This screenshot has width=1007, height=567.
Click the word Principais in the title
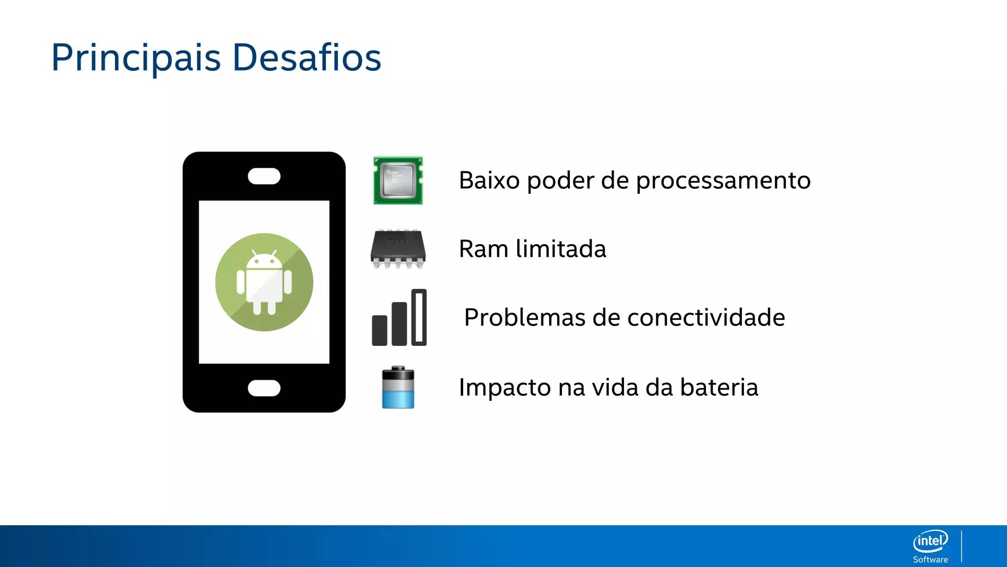point(136,58)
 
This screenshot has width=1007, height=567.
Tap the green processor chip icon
point(398,180)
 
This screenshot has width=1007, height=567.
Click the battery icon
point(398,388)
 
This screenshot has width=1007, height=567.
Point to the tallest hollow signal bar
point(419,317)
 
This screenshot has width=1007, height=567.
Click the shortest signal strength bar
point(380,330)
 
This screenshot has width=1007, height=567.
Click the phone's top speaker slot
point(264,176)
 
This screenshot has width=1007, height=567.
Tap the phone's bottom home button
point(264,388)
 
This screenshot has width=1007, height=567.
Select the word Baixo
point(489,180)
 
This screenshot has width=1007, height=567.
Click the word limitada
point(561,249)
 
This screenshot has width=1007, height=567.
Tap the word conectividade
point(706,317)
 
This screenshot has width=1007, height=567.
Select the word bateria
point(719,387)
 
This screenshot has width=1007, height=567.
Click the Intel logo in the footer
point(930,541)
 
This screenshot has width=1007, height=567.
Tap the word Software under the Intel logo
point(930,560)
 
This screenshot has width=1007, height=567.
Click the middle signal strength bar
point(399,324)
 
